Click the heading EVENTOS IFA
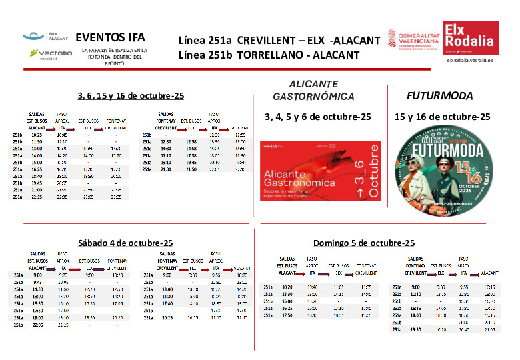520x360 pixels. point(110,37)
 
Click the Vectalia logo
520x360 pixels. point(51,53)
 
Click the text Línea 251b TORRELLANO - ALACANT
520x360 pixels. point(269,55)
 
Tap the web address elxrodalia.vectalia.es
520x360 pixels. point(470,60)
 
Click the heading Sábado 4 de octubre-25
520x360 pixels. point(125,243)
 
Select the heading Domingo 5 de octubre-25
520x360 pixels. point(363,243)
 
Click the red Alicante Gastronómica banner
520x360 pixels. point(321,171)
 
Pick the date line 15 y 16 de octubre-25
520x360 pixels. point(442,116)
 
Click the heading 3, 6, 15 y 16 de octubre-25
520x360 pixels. point(131,95)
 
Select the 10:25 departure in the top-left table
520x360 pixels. point(37,135)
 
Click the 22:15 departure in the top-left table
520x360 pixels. point(37,197)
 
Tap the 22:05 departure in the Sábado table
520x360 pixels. point(37,325)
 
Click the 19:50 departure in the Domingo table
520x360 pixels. point(415,329)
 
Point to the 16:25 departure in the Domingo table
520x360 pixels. point(287,308)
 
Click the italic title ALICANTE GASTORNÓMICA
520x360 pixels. point(314,91)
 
